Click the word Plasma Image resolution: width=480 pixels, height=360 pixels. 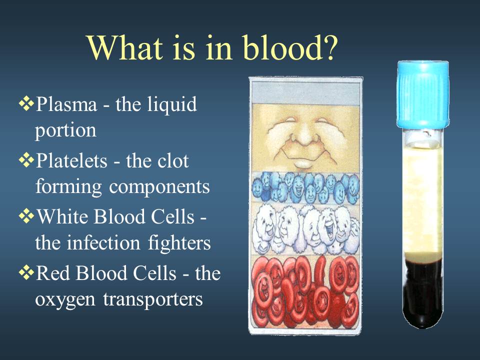click(x=66, y=104)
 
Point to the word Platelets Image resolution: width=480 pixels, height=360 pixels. click(x=71, y=160)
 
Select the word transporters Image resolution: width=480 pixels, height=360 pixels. click(x=153, y=299)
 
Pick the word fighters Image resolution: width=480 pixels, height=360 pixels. click(x=179, y=243)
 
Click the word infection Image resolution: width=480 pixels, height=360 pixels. click(x=103, y=243)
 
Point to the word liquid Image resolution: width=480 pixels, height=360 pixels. click(x=172, y=105)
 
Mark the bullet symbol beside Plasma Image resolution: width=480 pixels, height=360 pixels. click(x=26, y=103)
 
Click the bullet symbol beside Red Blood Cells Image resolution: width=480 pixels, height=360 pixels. click(x=26, y=272)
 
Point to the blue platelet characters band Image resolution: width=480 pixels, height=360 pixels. click(x=306, y=187)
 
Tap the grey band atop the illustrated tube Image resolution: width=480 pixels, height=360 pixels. click(x=306, y=93)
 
